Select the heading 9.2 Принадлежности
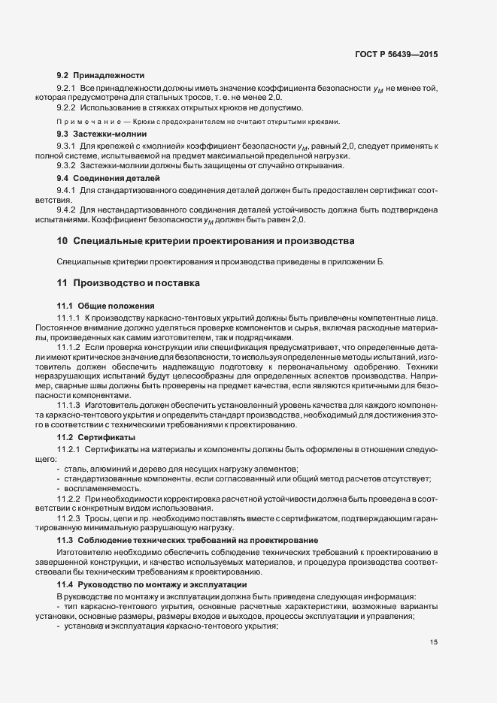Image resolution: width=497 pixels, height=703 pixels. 101,76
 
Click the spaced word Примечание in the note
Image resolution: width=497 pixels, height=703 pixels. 81,122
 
